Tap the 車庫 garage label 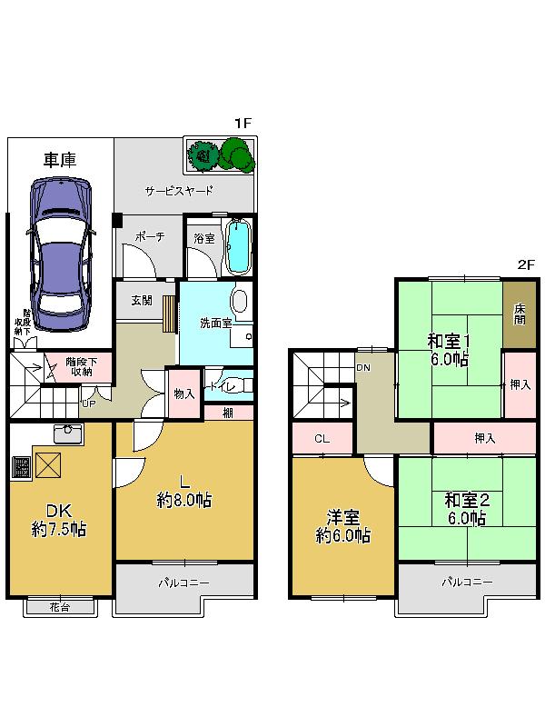pos(60,160)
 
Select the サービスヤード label pos(179,191)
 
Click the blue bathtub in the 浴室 pos(237,246)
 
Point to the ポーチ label pos(148,237)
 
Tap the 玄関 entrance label pos(141,300)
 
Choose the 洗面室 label pos(215,323)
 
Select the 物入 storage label pos(184,393)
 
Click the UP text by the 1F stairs pos(89,403)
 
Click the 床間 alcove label pos(520,314)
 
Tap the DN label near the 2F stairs pos(362,367)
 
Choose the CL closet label pos(322,439)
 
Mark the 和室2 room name pos(466,500)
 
